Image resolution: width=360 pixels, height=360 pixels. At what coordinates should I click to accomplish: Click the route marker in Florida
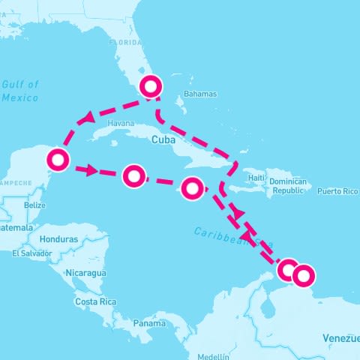pos(151,86)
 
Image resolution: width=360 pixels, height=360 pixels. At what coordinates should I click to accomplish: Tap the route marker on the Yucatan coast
pos(57,160)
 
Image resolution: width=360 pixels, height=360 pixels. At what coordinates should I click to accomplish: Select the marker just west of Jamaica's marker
pos(133,175)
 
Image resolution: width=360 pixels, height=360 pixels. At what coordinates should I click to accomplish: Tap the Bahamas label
pos(199,94)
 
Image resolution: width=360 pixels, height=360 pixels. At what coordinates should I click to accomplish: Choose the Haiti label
pos(257,178)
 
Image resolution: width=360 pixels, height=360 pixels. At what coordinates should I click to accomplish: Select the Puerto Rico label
pos(338,191)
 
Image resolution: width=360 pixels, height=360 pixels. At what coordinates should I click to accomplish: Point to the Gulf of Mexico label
pos(20,91)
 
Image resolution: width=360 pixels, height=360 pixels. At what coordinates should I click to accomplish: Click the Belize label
pos(35,205)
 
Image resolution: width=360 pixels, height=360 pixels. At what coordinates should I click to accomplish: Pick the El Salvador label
pos(32,253)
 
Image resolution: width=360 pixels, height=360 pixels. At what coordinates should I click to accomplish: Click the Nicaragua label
pos(85,272)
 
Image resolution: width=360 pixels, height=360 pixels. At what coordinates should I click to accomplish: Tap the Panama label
pos(150,323)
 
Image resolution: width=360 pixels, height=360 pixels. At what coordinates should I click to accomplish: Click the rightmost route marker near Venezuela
pos(303,276)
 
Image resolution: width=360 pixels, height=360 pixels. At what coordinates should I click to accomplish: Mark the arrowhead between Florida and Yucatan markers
pos(90,118)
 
